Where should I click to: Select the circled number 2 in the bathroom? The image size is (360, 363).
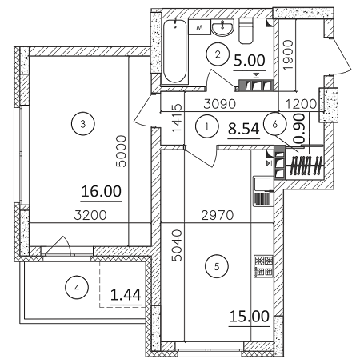point(214,54)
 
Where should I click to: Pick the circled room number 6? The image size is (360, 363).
point(274,126)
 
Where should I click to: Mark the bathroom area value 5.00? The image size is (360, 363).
point(249,58)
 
